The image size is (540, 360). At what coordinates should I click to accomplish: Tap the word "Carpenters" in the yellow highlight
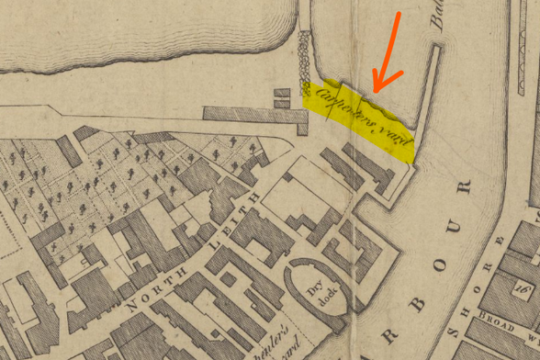(x=341, y=104)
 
